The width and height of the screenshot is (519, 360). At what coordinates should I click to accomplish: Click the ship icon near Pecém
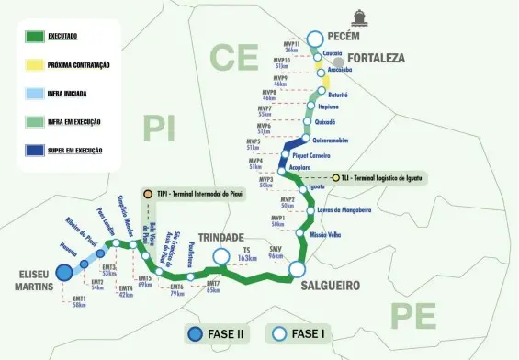tap(357, 17)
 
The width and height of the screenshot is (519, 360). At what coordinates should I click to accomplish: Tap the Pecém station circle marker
tap(315, 39)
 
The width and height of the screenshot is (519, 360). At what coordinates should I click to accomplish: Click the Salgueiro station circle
tap(297, 269)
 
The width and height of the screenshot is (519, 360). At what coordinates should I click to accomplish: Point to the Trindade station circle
tap(220, 256)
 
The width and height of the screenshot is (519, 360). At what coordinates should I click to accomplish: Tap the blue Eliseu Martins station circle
tap(63, 272)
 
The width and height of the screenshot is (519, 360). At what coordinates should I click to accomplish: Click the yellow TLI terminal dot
tap(336, 178)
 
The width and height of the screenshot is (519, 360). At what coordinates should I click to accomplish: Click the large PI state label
tap(157, 128)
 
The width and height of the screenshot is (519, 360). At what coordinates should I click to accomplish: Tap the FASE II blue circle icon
tap(195, 334)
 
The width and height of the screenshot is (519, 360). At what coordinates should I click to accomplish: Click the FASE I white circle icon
tap(277, 334)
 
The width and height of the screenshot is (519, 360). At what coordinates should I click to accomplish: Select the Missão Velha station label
tap(326, 235)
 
